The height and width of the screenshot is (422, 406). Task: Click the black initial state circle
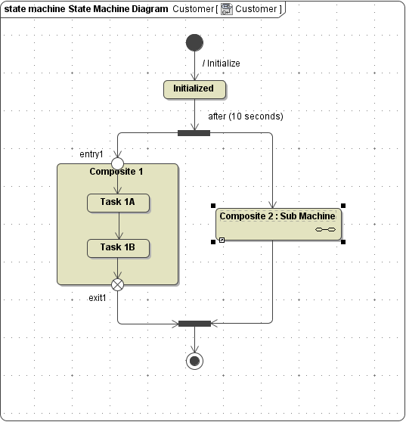194,42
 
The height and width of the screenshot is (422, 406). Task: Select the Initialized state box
194,89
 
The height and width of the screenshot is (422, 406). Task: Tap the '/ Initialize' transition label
221,64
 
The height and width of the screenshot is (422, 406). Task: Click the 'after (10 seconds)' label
246,116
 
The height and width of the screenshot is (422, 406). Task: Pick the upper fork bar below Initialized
194,133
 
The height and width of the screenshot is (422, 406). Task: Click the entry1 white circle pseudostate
118,163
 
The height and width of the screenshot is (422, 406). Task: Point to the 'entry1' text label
91,154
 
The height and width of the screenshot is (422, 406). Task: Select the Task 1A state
118,203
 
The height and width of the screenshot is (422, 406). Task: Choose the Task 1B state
118,248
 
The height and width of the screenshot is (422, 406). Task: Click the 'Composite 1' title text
116,172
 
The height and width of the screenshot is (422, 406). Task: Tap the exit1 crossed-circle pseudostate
118,284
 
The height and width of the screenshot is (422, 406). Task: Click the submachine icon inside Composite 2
325,229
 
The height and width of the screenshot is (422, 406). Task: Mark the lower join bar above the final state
194,324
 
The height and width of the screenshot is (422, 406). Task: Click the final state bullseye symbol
194,361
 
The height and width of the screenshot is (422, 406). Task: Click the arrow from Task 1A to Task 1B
118,225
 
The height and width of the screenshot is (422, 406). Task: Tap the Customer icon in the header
226,9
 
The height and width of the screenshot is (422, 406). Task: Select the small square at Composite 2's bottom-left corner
222,240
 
